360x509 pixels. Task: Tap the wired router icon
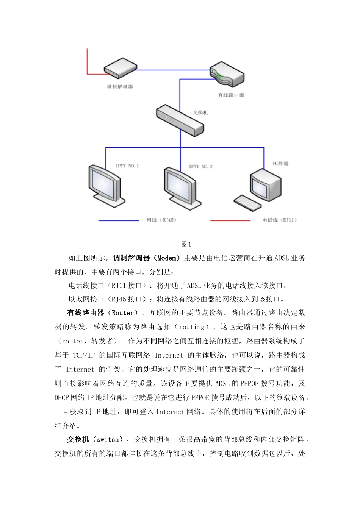click(x=227, y=74)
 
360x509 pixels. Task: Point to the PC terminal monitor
click(x=266, y=184)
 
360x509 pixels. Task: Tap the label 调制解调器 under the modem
click(x=120, y=87)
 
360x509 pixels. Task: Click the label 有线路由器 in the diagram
click(x=231, y=95)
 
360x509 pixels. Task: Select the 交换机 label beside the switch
click(x=200, y=112)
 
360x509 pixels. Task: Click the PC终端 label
click(x=280, y=163)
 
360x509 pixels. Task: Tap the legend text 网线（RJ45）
click(x=161, y=220)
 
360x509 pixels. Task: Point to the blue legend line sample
click(x=119, y=220)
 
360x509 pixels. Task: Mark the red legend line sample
click(x=230, y=220)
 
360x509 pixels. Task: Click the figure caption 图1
click(x=186, y=244)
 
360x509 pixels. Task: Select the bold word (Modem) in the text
click(x=167, y=258)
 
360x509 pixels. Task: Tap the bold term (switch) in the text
click(x=110, y=439)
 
